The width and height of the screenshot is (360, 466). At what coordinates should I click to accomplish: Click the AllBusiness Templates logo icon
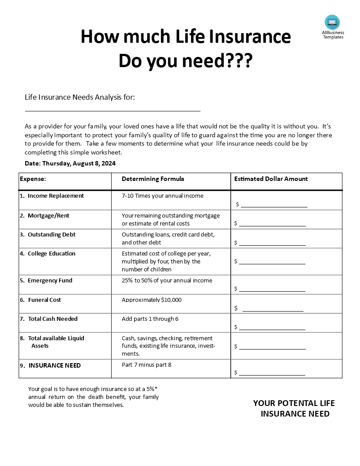332,22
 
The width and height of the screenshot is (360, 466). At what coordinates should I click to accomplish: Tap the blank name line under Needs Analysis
112,111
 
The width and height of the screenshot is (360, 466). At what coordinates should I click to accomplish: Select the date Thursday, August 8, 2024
79,163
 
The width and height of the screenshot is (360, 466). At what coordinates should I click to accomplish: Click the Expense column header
33,179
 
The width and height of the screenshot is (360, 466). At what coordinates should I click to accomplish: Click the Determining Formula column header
153,179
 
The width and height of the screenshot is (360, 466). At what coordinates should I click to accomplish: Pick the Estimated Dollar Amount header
271,179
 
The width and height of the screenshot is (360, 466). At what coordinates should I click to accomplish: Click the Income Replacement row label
56,195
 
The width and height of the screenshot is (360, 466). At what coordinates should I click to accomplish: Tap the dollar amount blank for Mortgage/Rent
272,224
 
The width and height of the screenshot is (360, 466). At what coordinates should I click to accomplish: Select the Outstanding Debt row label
51,234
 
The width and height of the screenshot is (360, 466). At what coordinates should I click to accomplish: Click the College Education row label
51,253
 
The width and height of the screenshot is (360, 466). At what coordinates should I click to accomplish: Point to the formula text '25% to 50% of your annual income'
167,280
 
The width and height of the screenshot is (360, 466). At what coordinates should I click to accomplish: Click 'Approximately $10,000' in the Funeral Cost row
151,300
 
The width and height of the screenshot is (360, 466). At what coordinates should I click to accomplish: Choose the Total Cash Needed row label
52,319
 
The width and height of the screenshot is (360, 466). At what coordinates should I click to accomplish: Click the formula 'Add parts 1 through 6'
150,319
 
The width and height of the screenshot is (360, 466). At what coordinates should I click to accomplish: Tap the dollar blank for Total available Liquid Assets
272,347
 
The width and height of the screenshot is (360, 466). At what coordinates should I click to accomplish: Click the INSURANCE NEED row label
54,365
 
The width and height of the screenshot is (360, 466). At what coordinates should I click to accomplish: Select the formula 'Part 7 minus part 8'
146,365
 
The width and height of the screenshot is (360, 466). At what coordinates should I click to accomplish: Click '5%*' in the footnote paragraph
152,389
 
